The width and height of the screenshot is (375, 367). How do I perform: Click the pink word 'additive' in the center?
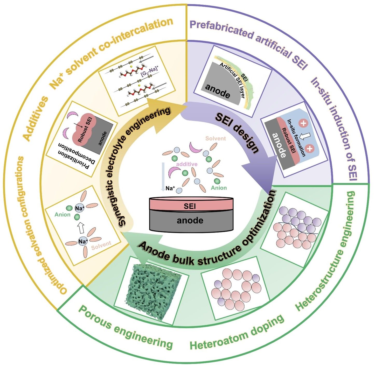(187, 164)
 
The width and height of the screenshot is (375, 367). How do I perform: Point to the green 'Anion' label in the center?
(219, 188)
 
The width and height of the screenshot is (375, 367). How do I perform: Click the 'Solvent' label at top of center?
(216, 138)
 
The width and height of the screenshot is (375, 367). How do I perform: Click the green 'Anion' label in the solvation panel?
(63, 215)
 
